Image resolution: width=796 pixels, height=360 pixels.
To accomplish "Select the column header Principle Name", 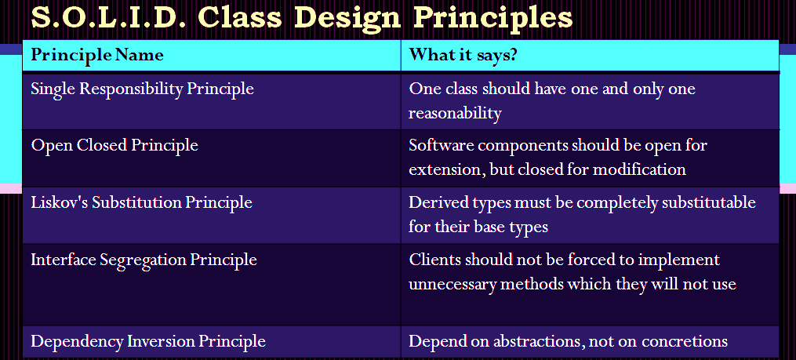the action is click(x=97, y=55).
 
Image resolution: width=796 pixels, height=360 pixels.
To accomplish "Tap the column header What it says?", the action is click(x=463, y=55).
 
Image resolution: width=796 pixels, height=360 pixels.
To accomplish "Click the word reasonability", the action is click(x=455, y=114).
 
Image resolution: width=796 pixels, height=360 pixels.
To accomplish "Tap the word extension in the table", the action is click(x=446, y=169).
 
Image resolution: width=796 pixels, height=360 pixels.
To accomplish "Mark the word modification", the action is click(x=639, y=169).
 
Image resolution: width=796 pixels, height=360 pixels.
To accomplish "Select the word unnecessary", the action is click(x=453, y=285).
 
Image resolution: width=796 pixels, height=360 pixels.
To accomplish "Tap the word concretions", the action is click(x=685, y=341).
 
